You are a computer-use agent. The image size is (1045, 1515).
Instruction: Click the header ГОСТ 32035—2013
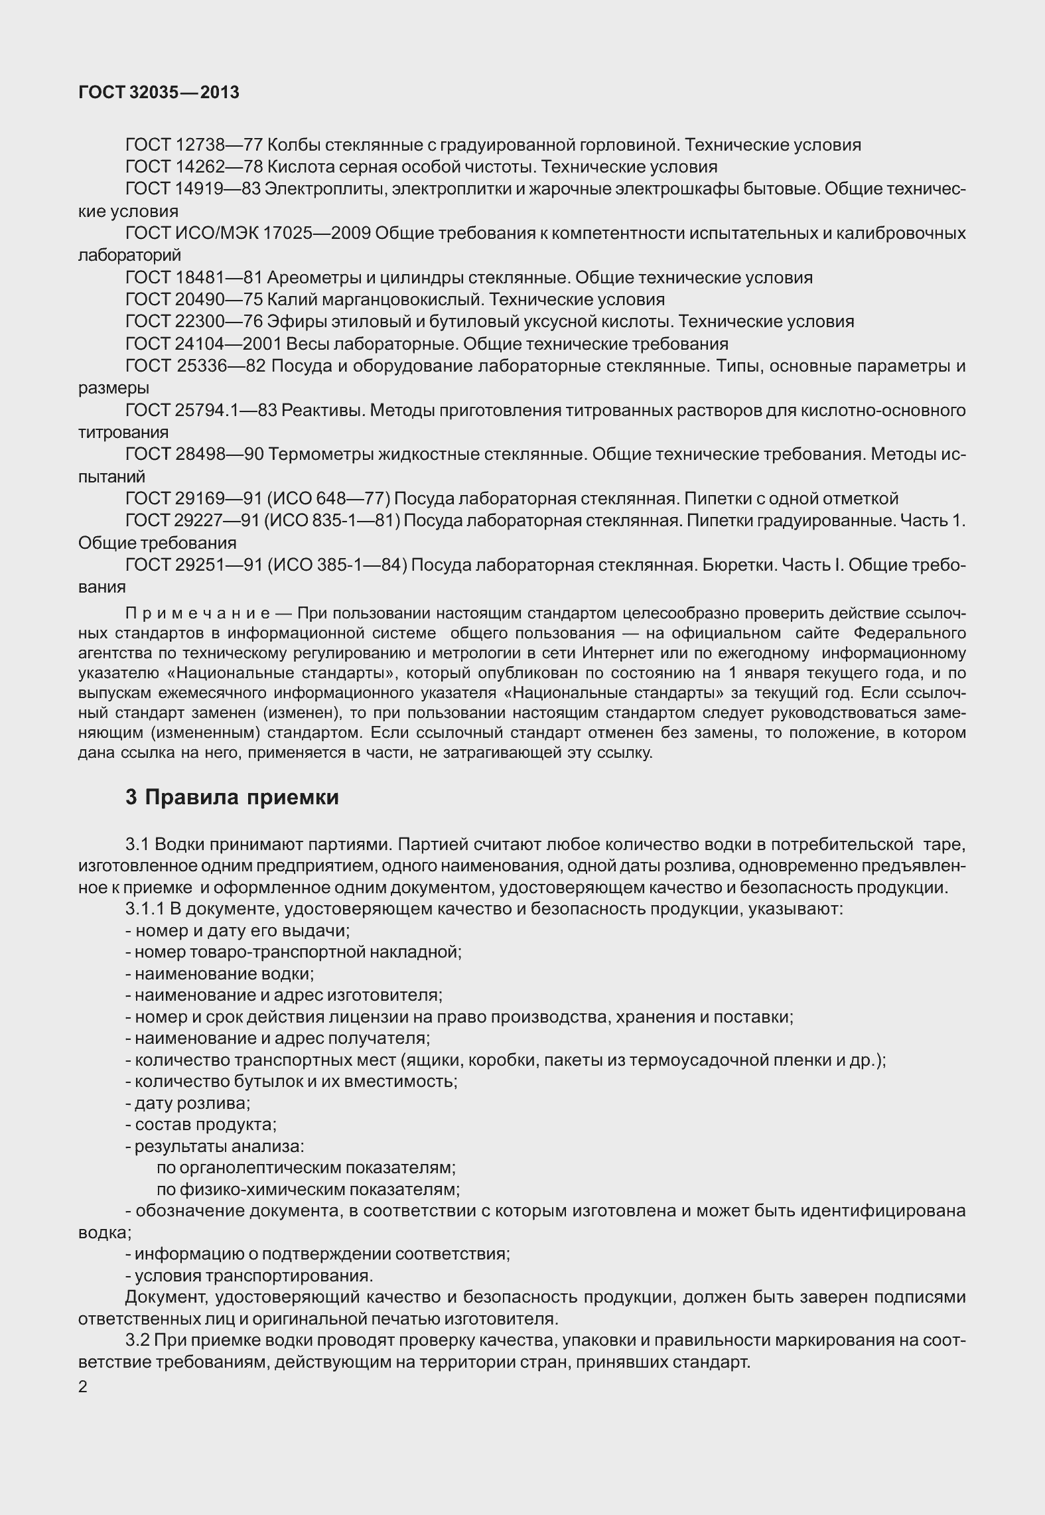click(x=159, y=93)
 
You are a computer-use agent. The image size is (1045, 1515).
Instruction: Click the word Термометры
click(x=321, y=455)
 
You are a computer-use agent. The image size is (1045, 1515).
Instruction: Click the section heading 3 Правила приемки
click(x=232, y=798)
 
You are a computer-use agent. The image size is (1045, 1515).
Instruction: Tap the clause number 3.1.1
click(x=145, y=909)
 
